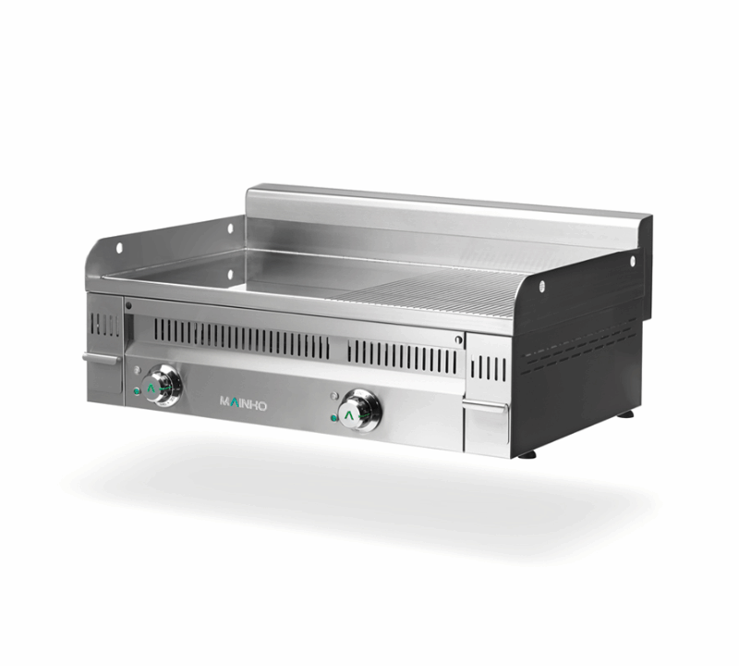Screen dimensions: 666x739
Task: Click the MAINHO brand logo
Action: coord(242,402)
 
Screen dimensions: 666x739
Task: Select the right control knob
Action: coord(359,409)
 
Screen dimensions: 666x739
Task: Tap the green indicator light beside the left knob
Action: coord(137,391)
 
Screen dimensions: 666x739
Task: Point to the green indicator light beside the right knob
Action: coord(333,418)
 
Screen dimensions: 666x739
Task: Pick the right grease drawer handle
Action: coord(486,406)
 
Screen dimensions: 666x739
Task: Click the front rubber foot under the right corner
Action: coord(527,454)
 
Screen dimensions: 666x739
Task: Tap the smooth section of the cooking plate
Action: coord(231,268)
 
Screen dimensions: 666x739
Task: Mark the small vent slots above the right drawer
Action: coord(489,368)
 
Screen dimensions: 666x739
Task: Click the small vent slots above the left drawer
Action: coord(104,324)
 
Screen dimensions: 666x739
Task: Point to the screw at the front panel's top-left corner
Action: coord(128,305)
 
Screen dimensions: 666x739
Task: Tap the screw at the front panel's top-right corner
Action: coord(457,340)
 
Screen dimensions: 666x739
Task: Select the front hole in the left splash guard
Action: coord(118,247)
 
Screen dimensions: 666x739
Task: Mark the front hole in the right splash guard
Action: coord(541,286)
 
